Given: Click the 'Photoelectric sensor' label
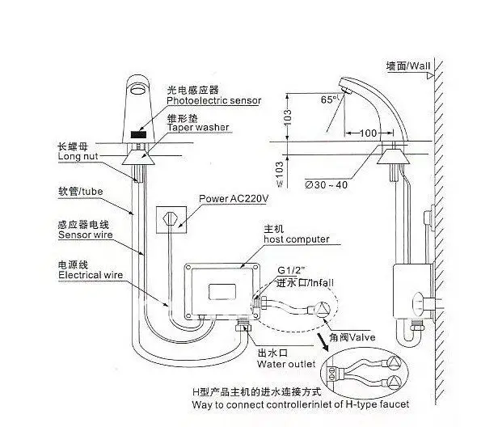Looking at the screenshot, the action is click(213, 101).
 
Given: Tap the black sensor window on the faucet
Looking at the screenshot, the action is click(138, 134).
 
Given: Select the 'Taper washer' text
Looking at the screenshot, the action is click(198, 128).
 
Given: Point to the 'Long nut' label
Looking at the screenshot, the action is click(78, 156).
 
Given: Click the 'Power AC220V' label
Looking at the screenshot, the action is click(234, 199).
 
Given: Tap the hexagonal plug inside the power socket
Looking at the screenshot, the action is click(171, 218).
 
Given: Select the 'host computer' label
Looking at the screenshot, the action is click(297, 239).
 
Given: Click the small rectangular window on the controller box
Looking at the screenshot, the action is click(222, 292).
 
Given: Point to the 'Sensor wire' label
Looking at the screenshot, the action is click(86, 235).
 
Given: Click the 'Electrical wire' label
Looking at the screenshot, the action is click(91, 275).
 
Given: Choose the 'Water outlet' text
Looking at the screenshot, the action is click(286, 364).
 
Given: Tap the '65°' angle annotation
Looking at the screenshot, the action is click(328, 99).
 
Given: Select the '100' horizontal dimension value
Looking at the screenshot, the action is click(369, 133).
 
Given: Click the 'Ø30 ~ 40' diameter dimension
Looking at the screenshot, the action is click(326, 184).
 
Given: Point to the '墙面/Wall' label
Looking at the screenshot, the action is click(408, 66).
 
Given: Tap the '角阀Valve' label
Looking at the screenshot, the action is click(352, 337).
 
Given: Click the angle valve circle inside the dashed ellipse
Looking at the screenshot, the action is click(323, 308).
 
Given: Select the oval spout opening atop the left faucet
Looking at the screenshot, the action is click(138, 89).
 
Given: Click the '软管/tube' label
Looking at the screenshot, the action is click(81, 192).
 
